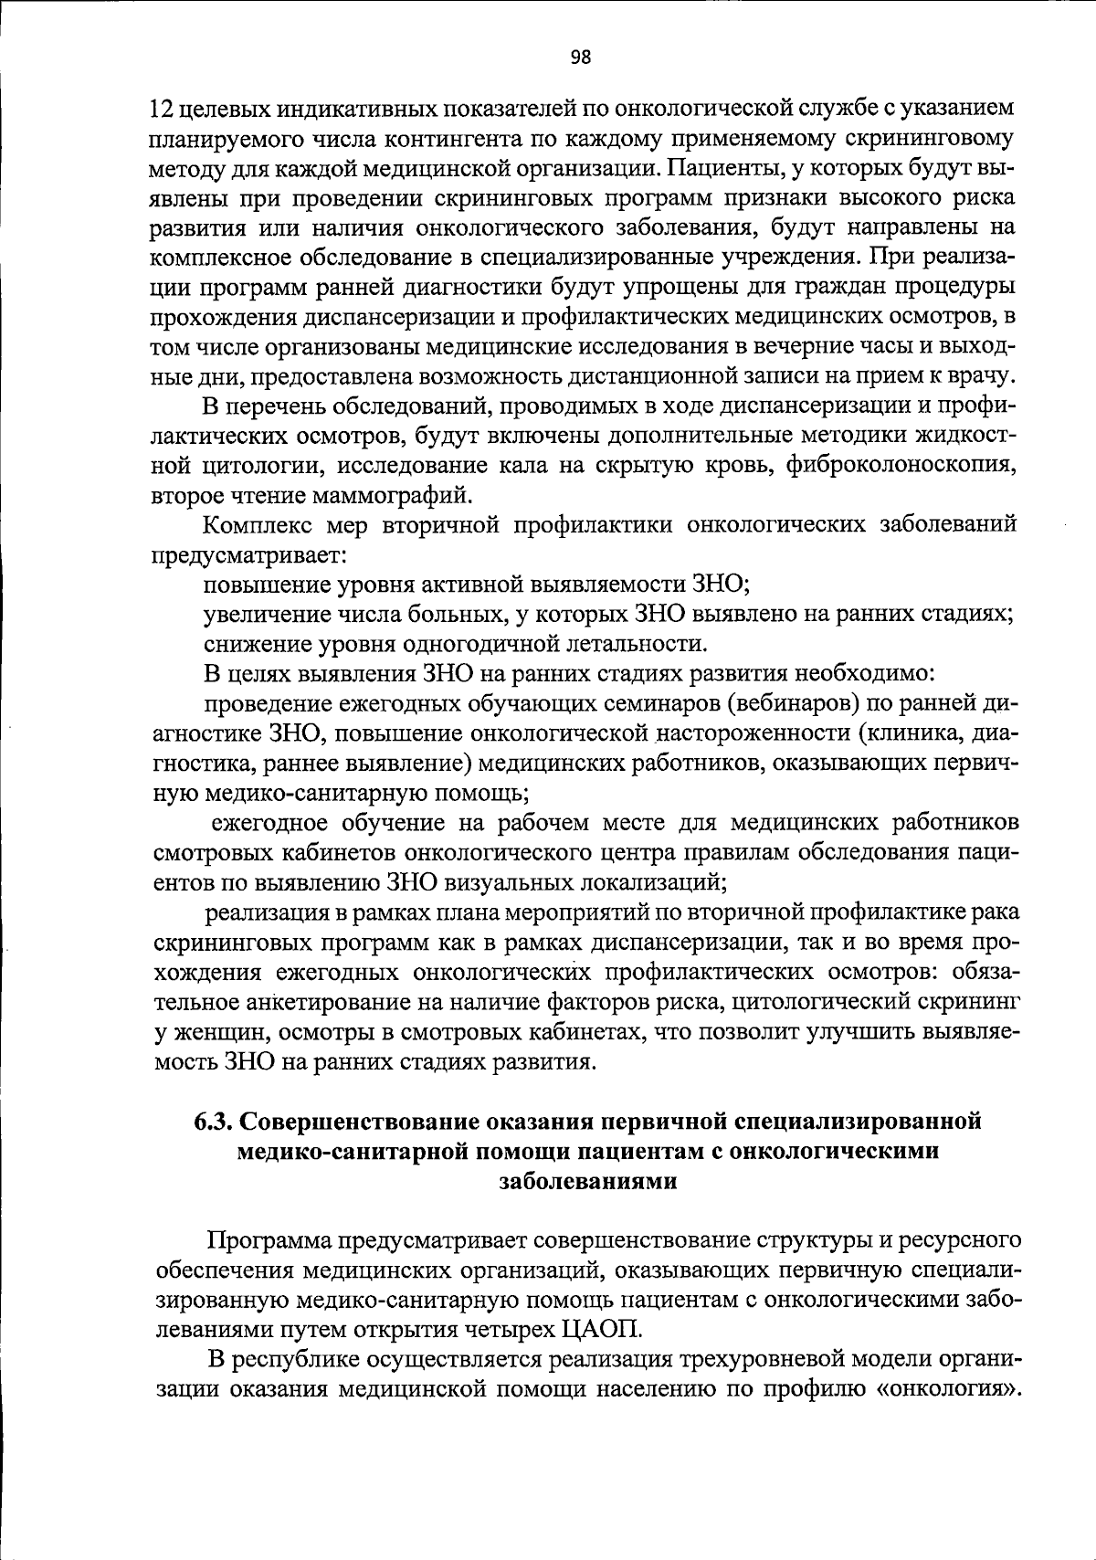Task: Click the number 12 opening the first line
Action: click(162, 110)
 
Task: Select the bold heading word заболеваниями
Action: click(588, 1180)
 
